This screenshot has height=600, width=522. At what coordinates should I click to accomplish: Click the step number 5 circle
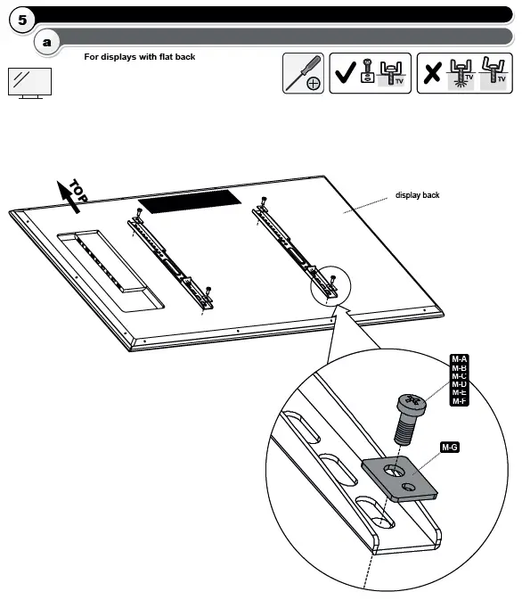tap(20, 19)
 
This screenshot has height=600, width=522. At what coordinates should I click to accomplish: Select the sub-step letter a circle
tap(47, 42)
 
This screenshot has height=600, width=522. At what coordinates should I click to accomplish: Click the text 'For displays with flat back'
tap(140, 57)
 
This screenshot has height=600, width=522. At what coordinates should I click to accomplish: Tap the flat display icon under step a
tap(30, 83)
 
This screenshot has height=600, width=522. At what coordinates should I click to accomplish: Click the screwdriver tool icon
tap(303, 73)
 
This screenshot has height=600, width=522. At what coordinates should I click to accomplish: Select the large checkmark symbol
tap(344, 74)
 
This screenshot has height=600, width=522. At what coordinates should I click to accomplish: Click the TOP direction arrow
tap(69, 193)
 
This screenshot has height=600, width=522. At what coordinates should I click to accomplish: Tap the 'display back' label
tap(418, 195)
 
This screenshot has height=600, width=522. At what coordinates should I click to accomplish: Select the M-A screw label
tap(460, 358)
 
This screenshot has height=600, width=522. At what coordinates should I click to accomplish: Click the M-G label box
tap(450, 447)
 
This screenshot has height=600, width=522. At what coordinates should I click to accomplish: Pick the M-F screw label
tap(460, 402)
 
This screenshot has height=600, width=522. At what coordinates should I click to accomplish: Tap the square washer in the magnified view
tap(402, 478)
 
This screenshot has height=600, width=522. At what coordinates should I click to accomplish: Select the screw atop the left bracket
tap(140, 214)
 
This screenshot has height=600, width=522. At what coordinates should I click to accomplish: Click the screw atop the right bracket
tap(263, 201)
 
